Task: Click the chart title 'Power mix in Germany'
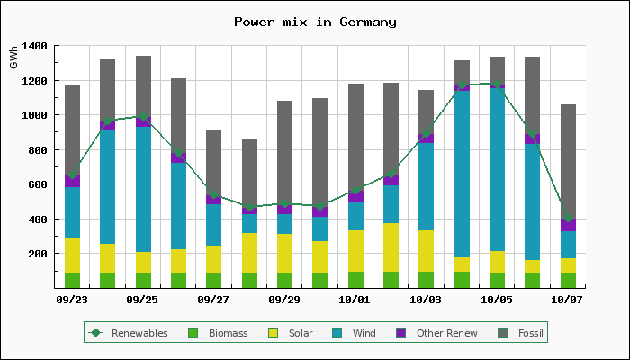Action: pos(314,22)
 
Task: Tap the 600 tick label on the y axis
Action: pos(37,184)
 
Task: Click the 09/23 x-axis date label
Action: pos(72,300)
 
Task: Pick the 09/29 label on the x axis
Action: pos(284,300)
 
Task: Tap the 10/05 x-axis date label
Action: pos(497,300)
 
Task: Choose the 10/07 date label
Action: pos(568,300)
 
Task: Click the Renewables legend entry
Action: pos(130,333)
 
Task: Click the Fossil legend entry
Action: pos(521,333)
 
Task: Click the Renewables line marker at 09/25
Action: pos(143,116)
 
